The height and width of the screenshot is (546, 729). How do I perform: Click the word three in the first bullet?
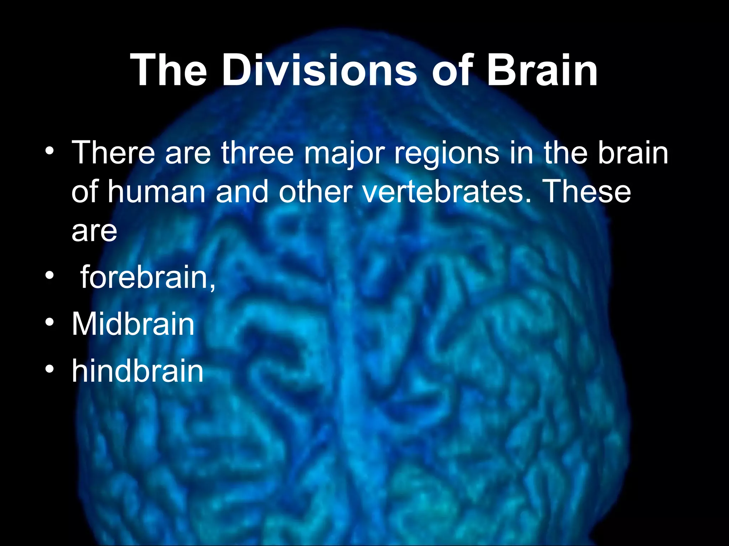coord(257,153)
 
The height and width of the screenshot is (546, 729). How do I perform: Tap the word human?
coord(157,192)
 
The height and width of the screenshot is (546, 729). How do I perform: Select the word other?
coord(317,192)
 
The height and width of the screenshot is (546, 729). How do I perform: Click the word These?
coord(587,192)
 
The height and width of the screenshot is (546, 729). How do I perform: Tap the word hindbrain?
coord(137,371)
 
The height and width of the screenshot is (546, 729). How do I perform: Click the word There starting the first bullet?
coord(114,153)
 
